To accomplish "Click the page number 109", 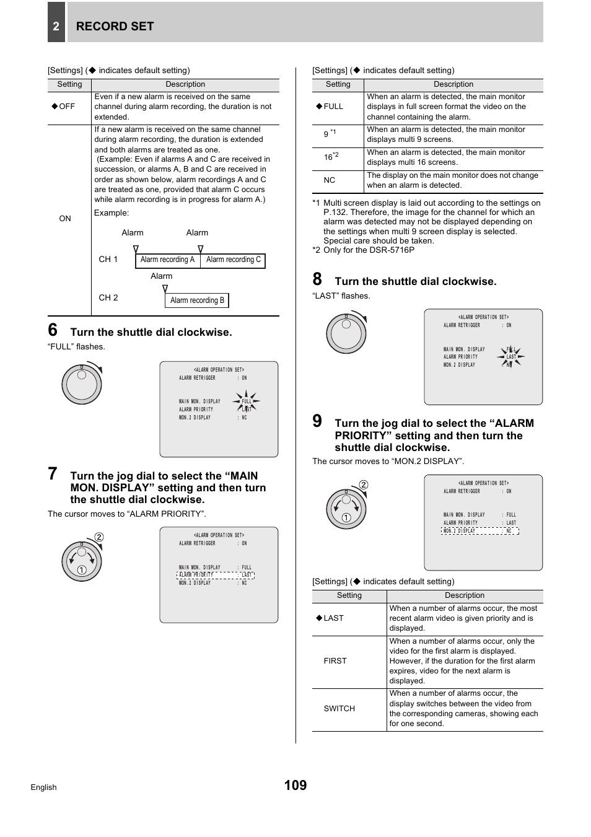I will pos(295,786).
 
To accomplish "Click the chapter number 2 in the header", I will pos(56,26).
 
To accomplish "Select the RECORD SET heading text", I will pos(115,26).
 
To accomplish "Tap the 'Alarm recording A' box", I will pos(167,260).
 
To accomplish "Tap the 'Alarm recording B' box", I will pos(197,300).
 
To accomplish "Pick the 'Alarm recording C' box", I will pos(234,260).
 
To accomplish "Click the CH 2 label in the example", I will pos(108,298).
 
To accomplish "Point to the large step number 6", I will pos(53,330).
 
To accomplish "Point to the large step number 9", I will pos(317,422).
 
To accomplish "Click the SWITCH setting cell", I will pos(339,709).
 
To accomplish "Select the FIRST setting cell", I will pos(335,661).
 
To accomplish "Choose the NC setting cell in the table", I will pos(330,180).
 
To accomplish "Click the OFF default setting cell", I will pos(64,107).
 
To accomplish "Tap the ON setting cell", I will pos(65,219).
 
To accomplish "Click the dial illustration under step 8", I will pos(347,333).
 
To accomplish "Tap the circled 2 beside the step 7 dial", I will pos(99,538).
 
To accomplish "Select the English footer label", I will pos(43,787).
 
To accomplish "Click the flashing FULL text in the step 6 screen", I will pos(247,401).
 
